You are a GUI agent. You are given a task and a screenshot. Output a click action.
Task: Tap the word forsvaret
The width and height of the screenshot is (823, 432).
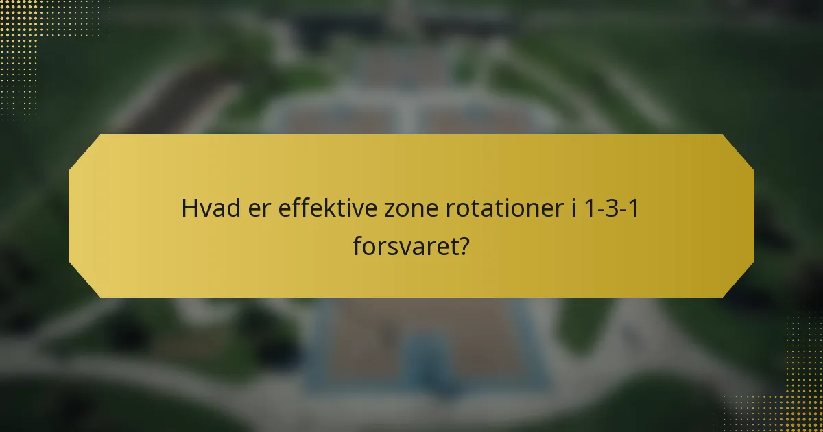tap(405, 245)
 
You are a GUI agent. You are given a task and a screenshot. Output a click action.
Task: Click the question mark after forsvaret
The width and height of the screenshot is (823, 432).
tap(464, 245)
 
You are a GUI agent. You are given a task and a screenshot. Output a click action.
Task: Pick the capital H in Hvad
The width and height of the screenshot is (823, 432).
tap(188, 208)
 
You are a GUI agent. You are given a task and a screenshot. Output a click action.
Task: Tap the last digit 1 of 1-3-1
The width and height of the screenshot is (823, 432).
tap(634, 208)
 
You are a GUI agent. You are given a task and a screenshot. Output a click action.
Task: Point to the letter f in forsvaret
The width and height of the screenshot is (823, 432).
tap(357, 245)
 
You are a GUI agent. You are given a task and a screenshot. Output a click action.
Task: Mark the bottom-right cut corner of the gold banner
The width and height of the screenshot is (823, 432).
tap(739, 282)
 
